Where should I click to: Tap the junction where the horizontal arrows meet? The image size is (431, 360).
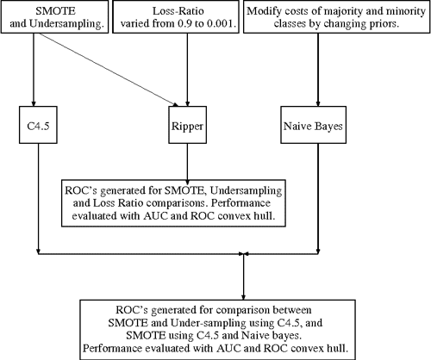tap(247, 253)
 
